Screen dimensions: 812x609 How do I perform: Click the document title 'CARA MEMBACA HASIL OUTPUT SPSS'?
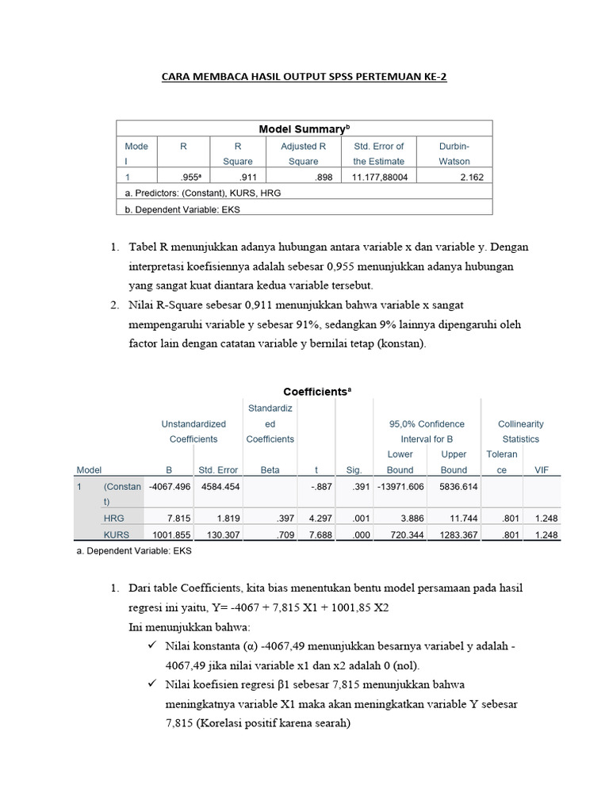304,77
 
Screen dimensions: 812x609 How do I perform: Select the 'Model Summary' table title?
304,128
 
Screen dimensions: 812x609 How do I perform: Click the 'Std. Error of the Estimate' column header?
378,153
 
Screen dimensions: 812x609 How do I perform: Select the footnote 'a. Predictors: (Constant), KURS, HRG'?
203,193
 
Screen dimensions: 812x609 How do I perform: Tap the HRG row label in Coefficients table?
113,518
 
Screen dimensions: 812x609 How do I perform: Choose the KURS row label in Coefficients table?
117,535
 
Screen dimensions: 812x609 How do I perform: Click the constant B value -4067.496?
169,487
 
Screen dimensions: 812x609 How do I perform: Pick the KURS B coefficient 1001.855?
171,535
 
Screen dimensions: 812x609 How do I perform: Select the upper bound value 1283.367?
455,535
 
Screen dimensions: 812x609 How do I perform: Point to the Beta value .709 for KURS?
285,535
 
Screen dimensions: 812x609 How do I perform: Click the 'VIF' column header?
541,469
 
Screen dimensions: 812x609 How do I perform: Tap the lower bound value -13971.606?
401,487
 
